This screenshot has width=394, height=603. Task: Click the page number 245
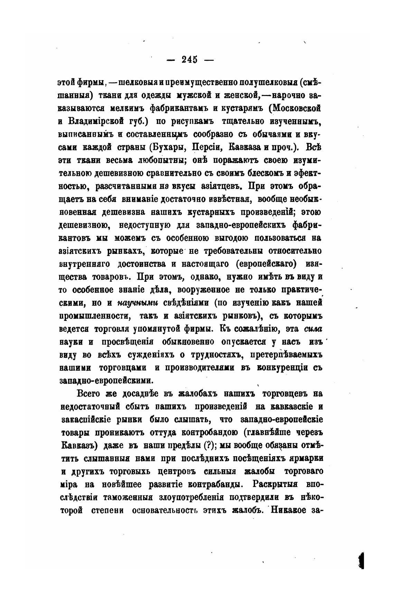coord(190,59)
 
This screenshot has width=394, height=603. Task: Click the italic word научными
coord(138,303)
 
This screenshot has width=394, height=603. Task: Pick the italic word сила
coord(314,329)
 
